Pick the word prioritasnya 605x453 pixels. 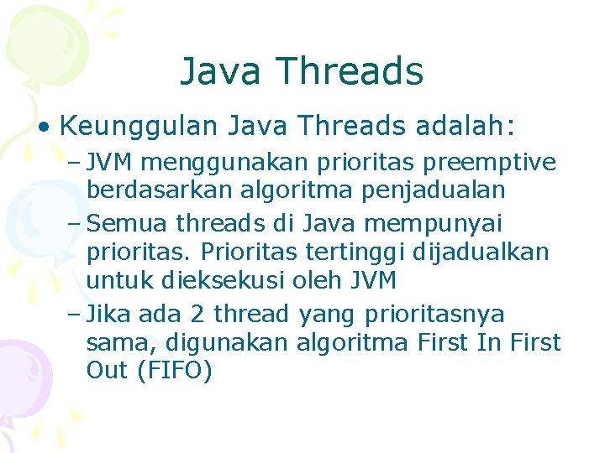[434, 315]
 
